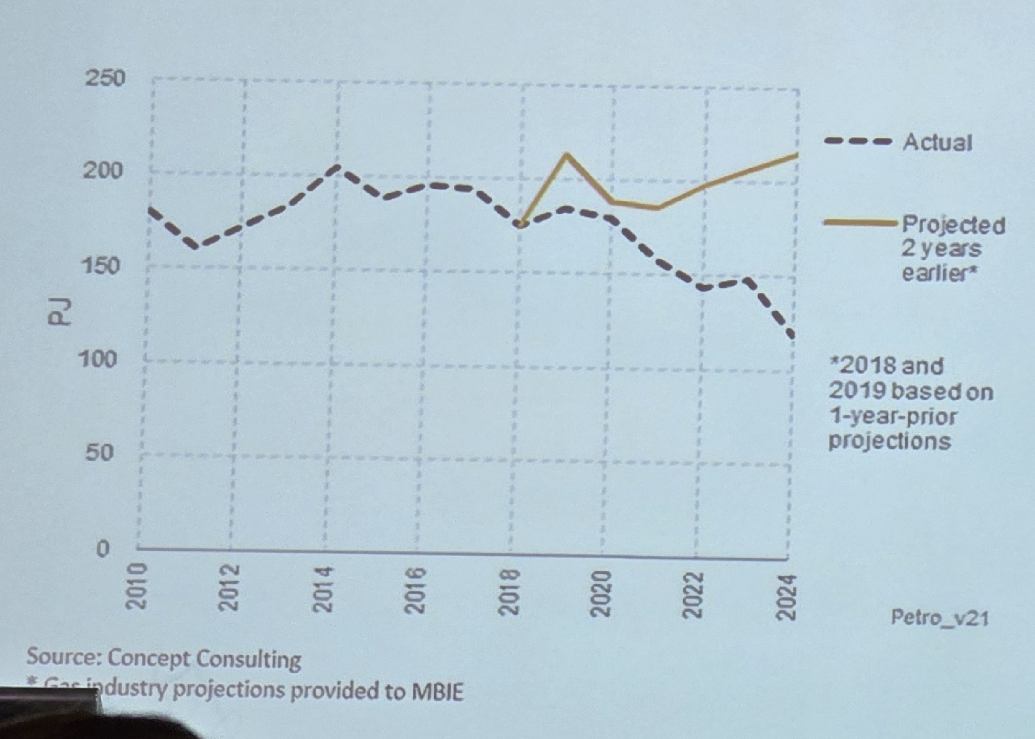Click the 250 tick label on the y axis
tap(105, 78)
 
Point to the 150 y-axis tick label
tap(103, 265)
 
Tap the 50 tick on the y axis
tap(100, 452)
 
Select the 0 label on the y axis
tap(103, 548)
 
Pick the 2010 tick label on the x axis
tap(136, 588)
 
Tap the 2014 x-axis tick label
tap(323, 589)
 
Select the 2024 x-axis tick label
tap(786, 596)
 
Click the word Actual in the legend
tap(937, 143)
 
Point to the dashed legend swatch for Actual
tap(858, 142)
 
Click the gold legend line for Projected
tap(861, 222)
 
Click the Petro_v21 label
tap(939, 617)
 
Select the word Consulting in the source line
tap(248, 659)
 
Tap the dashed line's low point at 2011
tap(196, 246)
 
